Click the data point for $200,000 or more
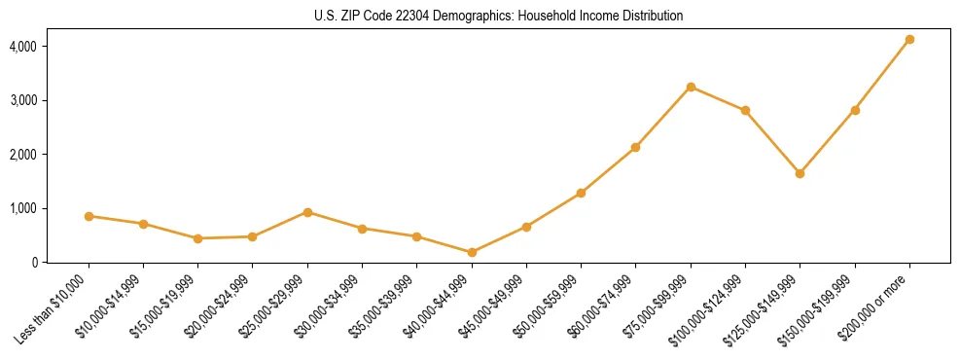(909, 40)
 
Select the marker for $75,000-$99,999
(691, 87)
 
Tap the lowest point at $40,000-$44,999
(472, 252)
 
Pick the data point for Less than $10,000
(89, 216)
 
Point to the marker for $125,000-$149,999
(800, 173)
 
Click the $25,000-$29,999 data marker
(307, 212)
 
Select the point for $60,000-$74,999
(635, 147)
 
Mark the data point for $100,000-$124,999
(745, 110)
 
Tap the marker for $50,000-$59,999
(581, 193)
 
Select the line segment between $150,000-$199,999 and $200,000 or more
(882, 75)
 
